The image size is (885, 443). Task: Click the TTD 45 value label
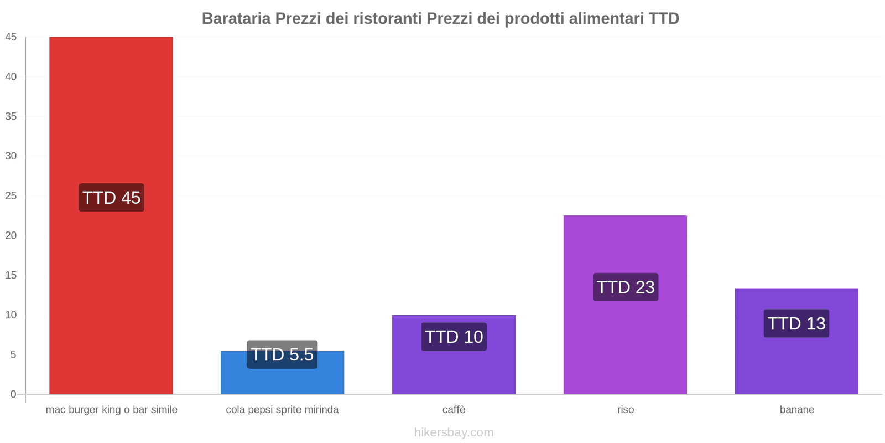(x=111, y=198)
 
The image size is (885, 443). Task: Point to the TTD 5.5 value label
(x=282, y=354)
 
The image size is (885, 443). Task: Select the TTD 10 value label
(x=454, y=337)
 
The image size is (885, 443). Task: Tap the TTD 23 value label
(x=626, y=287)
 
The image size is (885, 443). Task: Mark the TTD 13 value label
(x=796, y=323)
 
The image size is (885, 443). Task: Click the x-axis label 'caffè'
(x=454, y=410)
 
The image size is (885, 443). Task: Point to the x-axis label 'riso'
(x=626, y=410)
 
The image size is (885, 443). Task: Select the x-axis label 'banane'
(x=796, y=410)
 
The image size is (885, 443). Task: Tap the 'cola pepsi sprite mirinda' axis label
(x=282, y=410)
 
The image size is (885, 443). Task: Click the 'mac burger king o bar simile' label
(x=111, y=410)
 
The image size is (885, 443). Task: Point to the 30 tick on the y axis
(x=11, y=156)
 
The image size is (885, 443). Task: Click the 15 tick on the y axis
(x=11, y=275)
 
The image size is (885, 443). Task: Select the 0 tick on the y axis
(x=13, y=394)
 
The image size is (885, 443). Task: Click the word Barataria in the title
(x=236, y=19)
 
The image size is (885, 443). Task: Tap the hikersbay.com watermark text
(x=454, y=432)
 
